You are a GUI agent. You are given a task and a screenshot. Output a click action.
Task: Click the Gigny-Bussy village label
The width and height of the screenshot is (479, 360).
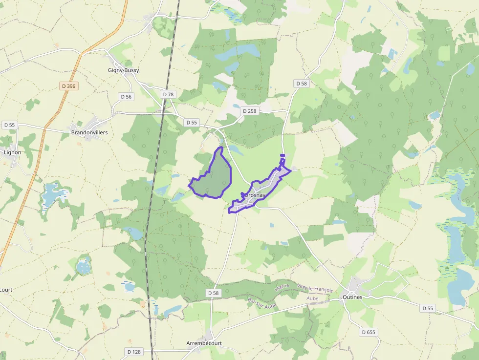pyautogui.click(x=123, y=70)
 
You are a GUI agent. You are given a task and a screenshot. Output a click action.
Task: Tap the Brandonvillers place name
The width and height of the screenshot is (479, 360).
pyautogui.click(x=89, y=132)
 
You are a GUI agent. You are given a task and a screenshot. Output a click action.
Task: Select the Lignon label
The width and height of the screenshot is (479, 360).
pyautogui.click(x=12, y=152)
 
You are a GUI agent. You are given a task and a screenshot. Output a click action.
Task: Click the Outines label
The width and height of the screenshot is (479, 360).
pyautogui.click(x=352, y=296)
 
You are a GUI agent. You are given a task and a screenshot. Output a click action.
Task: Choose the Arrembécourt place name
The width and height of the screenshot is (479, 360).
pyautogui.click(x=204, y=343)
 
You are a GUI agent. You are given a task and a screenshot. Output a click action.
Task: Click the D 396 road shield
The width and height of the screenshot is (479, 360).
pyautogui.click(x=69, y=86)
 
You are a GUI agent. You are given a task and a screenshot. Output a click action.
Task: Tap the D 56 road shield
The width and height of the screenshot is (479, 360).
pyautogui.click(x=126, y=97)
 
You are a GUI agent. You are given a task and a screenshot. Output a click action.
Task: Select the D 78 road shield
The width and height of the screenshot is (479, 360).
pyautogui.click(x=168, y=94)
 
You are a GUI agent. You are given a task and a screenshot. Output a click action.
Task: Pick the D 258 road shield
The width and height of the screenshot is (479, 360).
pyautogui.click(x=249, y=111)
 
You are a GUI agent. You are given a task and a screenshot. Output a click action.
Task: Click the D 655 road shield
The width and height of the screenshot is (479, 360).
pyautogui.click(x=369, y=332)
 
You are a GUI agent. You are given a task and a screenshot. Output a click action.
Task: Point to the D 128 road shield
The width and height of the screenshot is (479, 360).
pyautogui.click(x=134, y=352)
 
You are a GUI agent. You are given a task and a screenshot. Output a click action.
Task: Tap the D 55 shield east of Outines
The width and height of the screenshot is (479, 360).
pyautogui.click(x=427, y=308)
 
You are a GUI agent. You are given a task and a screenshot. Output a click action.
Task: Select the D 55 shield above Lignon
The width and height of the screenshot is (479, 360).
pyautogui.click(x=9, y=125)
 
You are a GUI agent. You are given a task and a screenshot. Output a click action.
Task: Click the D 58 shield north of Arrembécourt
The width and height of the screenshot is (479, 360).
pyautogui.click(x=213, y=293)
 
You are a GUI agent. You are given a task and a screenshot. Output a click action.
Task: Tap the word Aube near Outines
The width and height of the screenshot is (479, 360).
pyautogui.click(x=312, y=298)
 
